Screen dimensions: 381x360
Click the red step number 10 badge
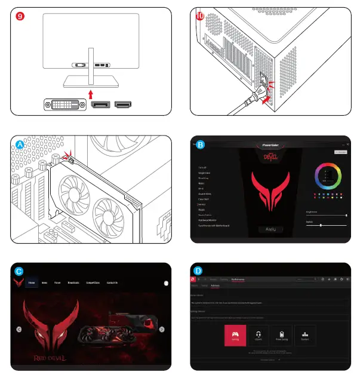click(x=199, y=17)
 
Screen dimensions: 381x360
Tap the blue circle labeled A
click(x=20, y=145)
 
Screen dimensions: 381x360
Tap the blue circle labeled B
click(x=200, y=145)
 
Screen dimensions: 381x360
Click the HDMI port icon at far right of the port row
click(x=123, y=106)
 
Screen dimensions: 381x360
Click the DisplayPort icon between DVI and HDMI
click(x=100, y=106)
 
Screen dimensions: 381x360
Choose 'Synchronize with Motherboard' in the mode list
click(x=213, y=226)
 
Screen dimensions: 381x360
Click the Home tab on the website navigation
click(x=32, y=282)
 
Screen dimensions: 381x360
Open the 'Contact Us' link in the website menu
click(x=112, y=282)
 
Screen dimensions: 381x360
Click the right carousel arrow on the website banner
click(x=162, y=329)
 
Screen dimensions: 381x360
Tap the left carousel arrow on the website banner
click(x=19, y=329)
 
